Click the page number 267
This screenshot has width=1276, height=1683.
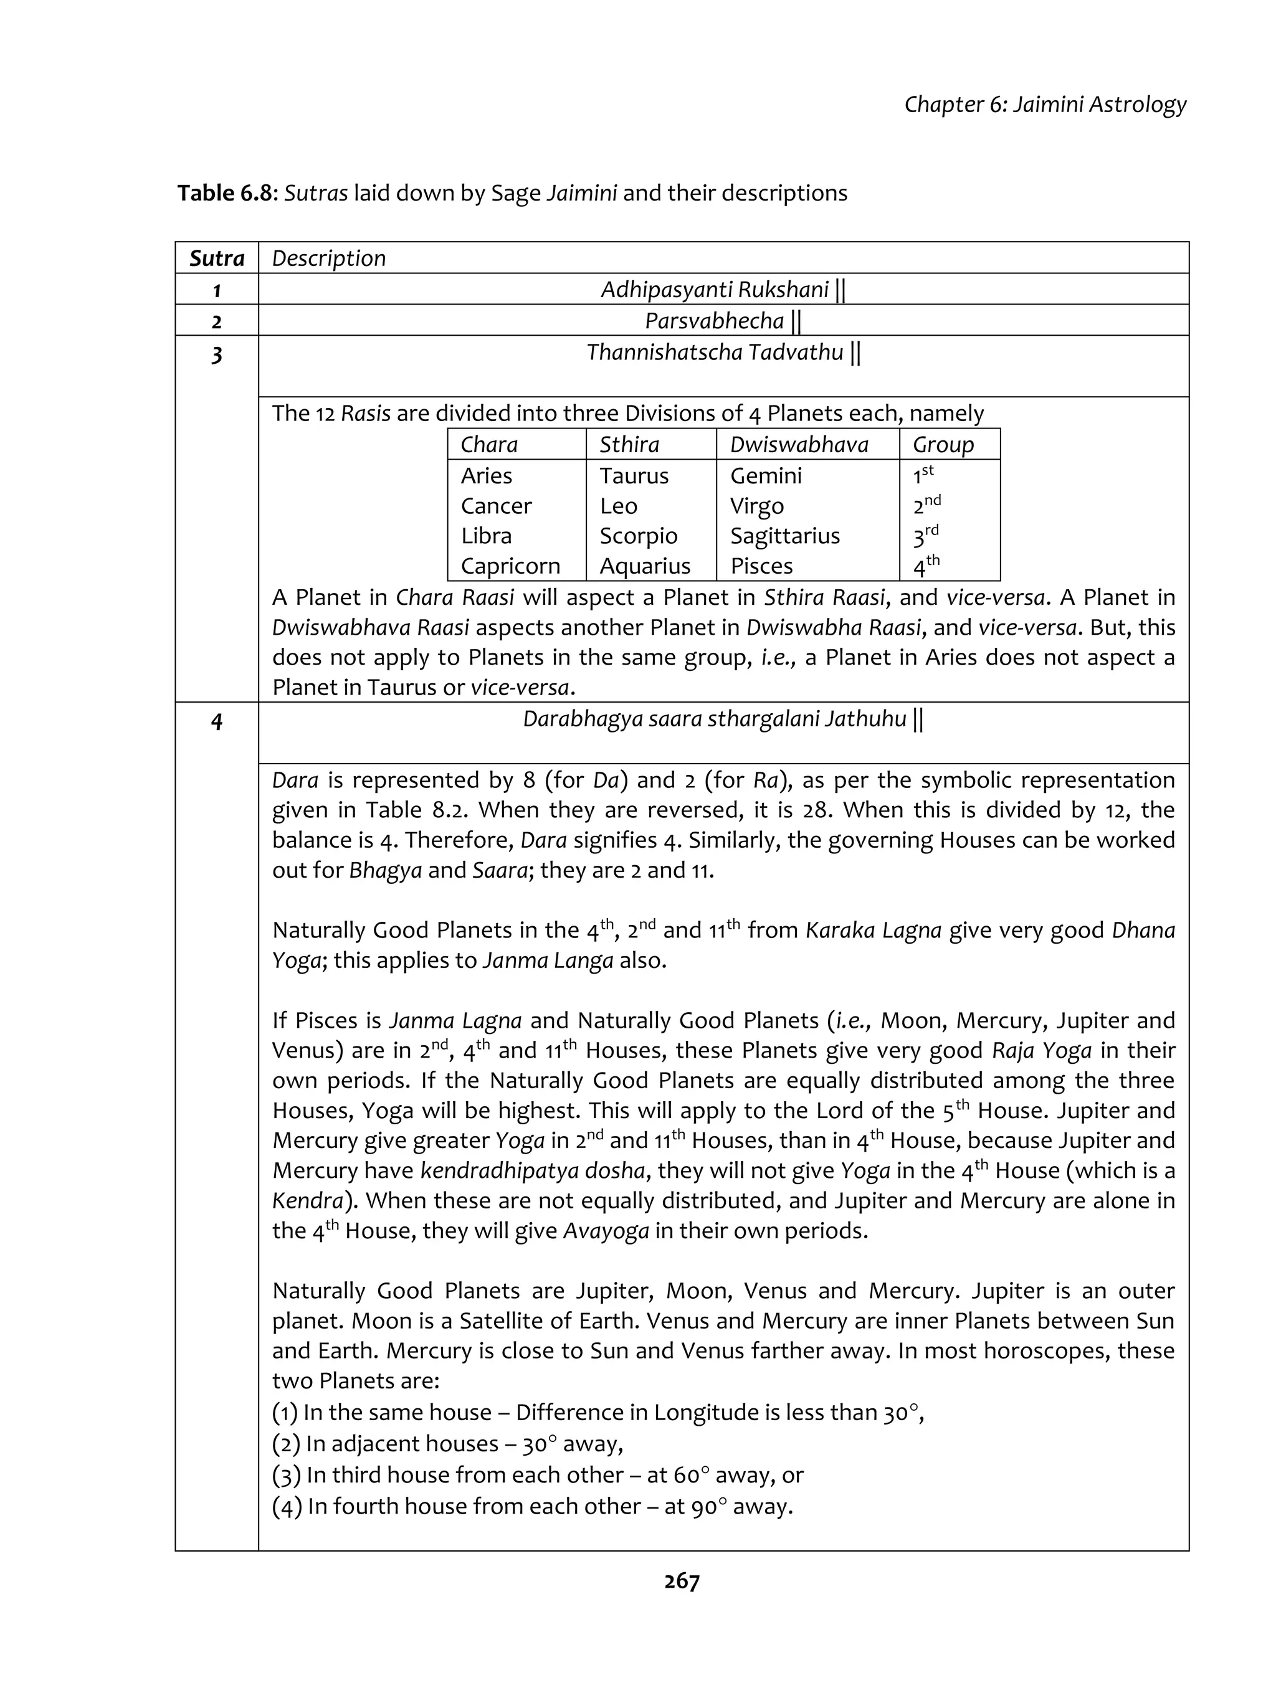pos(681,1581)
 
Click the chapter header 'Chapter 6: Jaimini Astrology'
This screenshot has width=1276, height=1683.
pos(1045,104)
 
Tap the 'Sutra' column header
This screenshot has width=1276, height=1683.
pos(217,258)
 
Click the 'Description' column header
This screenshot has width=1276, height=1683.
pos(329,258)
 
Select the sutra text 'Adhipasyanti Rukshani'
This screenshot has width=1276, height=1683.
pos(714,290)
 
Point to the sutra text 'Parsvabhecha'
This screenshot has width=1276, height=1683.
pos(714,321)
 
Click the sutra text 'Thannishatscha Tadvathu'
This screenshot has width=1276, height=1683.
pos(714,353)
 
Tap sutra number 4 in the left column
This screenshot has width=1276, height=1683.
pos(217,721)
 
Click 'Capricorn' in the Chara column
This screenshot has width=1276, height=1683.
pos(510,566)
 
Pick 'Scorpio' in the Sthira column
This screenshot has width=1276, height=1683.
pos(637,536)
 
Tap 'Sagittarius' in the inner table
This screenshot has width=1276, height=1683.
pos(784,536)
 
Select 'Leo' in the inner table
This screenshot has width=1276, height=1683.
pos(618,506)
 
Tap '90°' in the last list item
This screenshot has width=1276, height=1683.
pos(708,1507)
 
